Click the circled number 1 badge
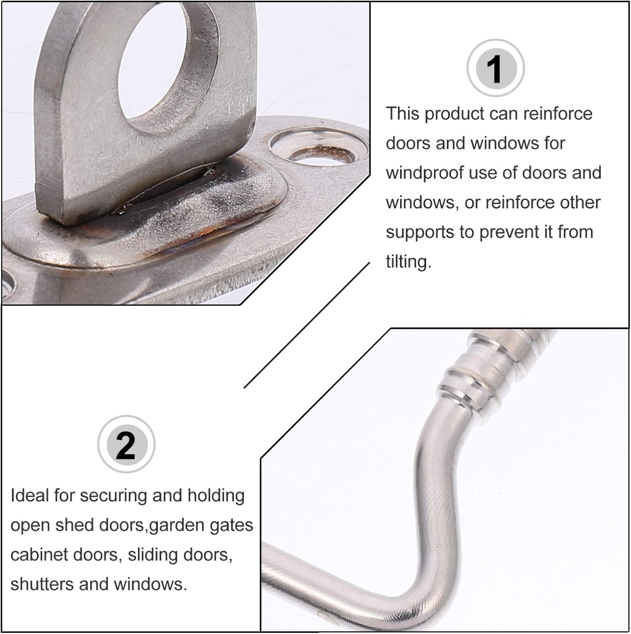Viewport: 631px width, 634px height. [495, 68]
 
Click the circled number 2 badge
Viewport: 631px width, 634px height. [126, 445]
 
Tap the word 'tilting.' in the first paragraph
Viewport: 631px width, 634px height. [408, 262]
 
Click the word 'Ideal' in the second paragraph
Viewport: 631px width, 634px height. [30, 495]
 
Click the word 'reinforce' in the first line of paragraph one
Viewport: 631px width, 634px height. [558, 114]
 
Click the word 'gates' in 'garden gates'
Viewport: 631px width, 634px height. [230, 525]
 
